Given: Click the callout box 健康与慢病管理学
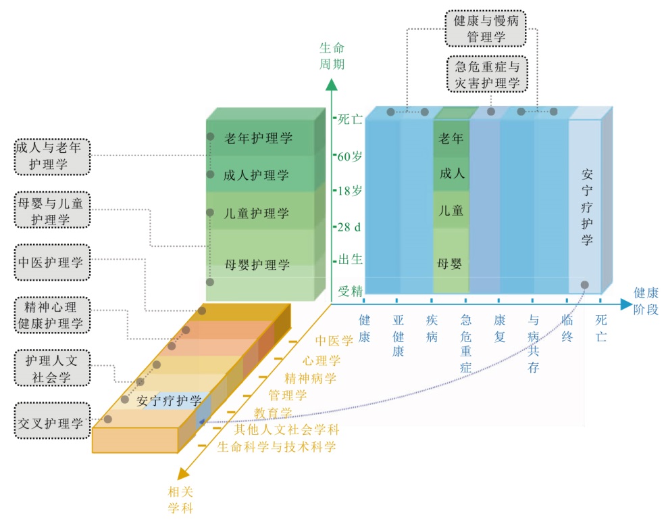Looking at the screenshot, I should [x=486, y=28].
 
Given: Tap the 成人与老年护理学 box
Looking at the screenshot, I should [x=51, y=156].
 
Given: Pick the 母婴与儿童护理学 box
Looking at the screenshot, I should [x=51, y=210].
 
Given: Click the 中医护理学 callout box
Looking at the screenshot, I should [x=51, y=262].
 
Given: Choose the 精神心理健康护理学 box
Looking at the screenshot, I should [x=51, y=315].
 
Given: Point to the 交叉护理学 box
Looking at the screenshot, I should [x=51, y=423].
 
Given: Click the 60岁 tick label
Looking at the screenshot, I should [x=350, y=156].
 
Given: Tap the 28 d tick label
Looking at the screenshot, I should [x=349, y=227].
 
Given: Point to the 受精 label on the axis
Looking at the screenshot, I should [x=351, y=291].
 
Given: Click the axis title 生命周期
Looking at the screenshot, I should [x=331, y=56].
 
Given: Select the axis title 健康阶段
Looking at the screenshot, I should [x=646, y=300].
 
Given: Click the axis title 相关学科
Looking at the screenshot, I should [x=180, y=499].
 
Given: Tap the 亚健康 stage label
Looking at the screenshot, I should [x=398, y=335].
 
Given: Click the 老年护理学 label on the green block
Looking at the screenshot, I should [x=258, y=139].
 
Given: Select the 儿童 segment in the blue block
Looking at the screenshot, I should [x=451, y=210].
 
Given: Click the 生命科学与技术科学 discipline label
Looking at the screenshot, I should [x=276, y=447].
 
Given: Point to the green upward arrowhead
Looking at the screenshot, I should [x=331, y=85].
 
